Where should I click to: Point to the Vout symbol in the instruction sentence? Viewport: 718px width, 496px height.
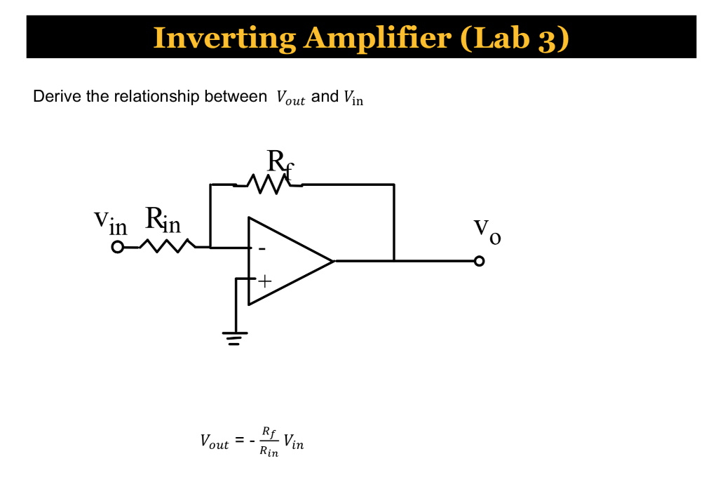click(x=290, y=98)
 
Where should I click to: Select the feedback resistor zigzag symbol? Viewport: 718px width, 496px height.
click(x=268, y=185)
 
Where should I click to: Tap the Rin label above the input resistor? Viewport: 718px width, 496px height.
click(x=163, y=221)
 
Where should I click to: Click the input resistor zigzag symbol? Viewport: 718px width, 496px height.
click(x=167, y=246)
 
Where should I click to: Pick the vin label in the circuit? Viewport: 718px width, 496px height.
click(x=111, y=222)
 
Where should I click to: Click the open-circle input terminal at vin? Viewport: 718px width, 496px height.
click(x=118, y=247)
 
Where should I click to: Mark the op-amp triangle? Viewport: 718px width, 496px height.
click(x=287, y=261)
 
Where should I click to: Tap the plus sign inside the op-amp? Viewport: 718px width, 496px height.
click(x=264, y=281)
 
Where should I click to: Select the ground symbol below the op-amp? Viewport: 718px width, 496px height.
click(x=236, y=339)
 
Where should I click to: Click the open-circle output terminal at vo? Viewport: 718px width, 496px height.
click(x=479, y=261)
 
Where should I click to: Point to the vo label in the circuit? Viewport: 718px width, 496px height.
click(x=487, y=231)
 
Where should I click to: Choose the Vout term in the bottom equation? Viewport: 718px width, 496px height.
click(x=215, y=441)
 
